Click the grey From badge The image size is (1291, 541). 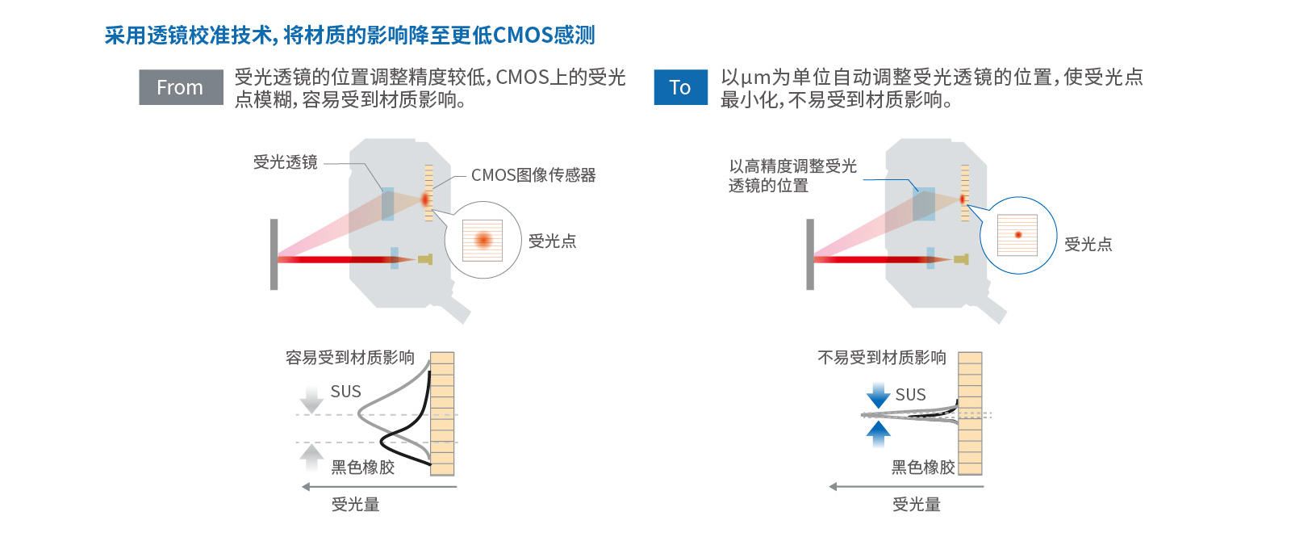point(180,87)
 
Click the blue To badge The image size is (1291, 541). point(680,87)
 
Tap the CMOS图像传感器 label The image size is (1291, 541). point(533,175)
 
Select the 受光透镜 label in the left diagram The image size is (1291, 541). point(286,162)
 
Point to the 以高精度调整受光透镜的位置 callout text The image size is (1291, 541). point(792,175)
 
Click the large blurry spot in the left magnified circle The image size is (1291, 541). point(483,240)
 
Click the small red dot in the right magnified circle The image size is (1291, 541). point(1018,235)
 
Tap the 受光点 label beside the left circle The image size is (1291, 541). point(552,241)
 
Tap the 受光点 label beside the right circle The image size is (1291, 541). point(1088,245)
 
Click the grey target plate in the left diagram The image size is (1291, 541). point(274,254)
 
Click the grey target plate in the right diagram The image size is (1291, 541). point(810,254)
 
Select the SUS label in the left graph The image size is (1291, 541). point(346,392)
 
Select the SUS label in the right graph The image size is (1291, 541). point(911,395)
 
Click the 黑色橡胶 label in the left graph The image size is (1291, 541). point(363,468)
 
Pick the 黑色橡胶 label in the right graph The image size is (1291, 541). point(923,468)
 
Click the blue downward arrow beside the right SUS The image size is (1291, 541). point(878,395)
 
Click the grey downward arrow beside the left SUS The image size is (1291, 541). point(311,399)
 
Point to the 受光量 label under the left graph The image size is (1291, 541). point(355,505)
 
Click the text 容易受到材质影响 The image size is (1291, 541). point(350,358)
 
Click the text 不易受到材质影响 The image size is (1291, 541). point(882,358)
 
